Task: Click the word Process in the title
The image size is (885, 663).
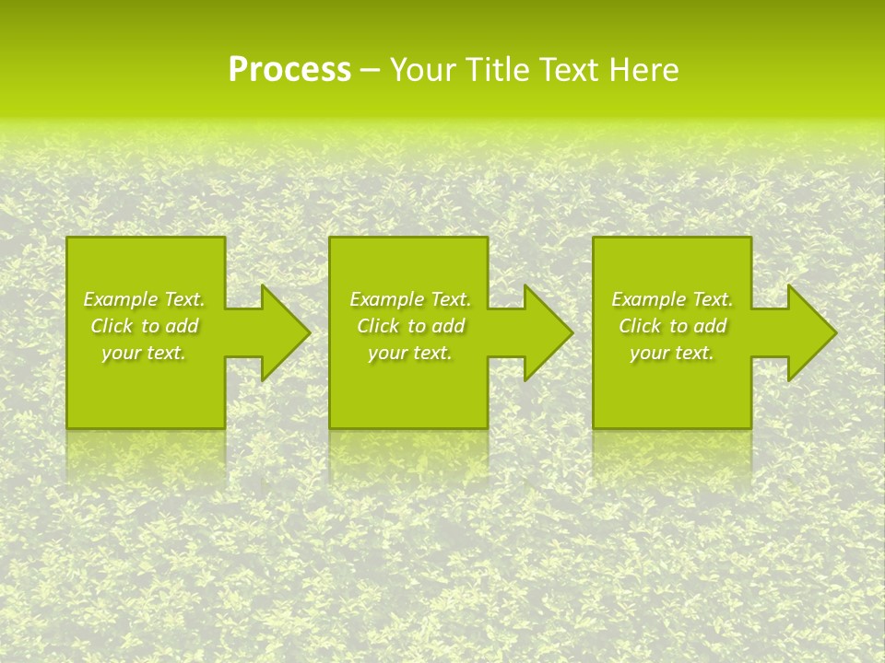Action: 289,70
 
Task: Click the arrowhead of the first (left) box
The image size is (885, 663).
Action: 281,332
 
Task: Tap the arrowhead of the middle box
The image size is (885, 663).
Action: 544,332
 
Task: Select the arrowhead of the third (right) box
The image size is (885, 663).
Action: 808,332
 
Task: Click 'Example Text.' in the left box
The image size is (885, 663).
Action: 144,299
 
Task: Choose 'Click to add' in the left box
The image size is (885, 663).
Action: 144,326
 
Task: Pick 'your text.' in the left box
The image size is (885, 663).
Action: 144,353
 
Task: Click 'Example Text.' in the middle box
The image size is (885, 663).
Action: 410,299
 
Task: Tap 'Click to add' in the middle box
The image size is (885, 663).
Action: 410,326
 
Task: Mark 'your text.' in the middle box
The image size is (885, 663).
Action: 410,353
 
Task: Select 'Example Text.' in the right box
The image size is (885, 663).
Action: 672,299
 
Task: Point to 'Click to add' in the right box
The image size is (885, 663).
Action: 672,326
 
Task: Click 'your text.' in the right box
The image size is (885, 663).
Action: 672,353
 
